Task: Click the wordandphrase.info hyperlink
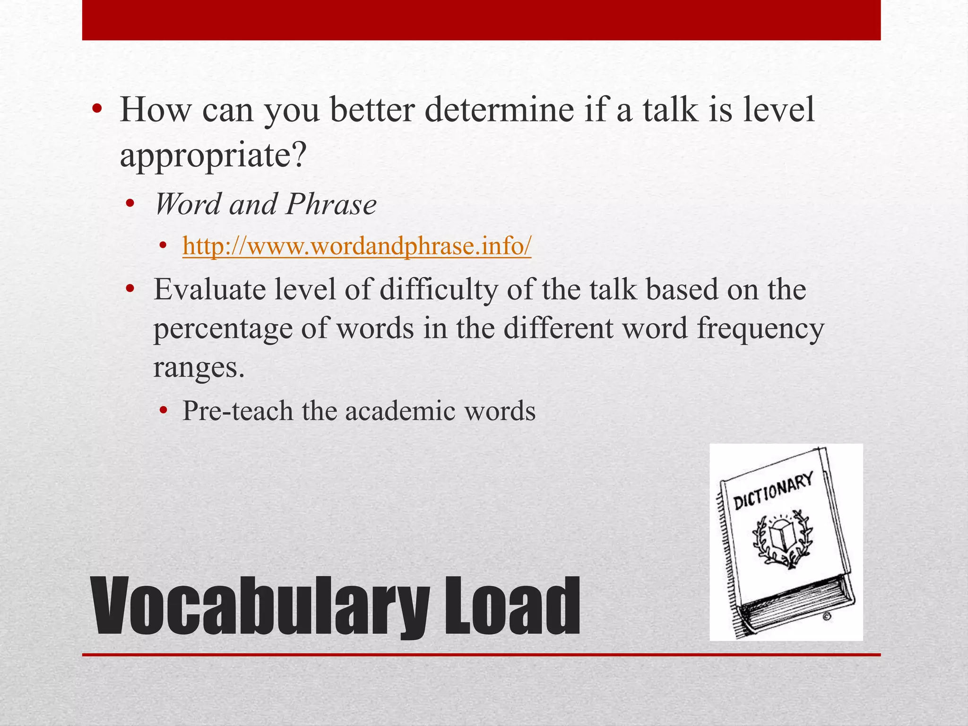(x=357, y=246)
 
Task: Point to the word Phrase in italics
(x=331, y=205)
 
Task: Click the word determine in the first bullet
(x=499, y=110)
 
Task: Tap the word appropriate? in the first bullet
(x=213, y=155)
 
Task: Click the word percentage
(x=223, y=329)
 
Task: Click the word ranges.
(x=199, y=368)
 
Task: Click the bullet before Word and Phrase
(x=130, y=205)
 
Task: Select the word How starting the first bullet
(x=156, y=110)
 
